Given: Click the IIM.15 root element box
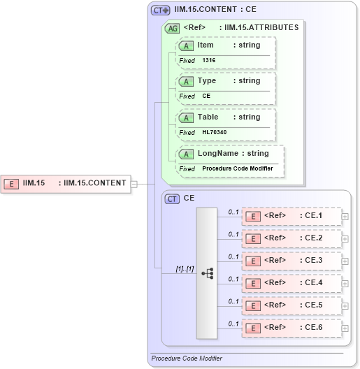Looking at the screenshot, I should coord(66,184).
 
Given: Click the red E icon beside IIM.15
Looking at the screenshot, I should coord(12,184).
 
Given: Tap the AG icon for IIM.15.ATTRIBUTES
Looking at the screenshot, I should coord(171,29).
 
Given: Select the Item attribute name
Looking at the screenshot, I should coord(206,45).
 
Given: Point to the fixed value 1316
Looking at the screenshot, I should coord(209,61).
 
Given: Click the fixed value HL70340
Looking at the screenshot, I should coord(214,132).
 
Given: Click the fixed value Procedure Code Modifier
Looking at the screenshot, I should coord(238,168).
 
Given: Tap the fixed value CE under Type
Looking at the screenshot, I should coord(206,96).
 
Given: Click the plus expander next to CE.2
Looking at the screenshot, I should coord(345,239).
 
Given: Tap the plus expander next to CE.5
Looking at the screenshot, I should coord(345,305).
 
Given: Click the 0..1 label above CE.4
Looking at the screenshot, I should coord(234,278).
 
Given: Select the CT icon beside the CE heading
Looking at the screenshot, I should coord(172,198).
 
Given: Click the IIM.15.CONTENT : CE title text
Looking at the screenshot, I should coord(216,10).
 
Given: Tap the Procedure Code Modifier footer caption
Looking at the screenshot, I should coord(187,359).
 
